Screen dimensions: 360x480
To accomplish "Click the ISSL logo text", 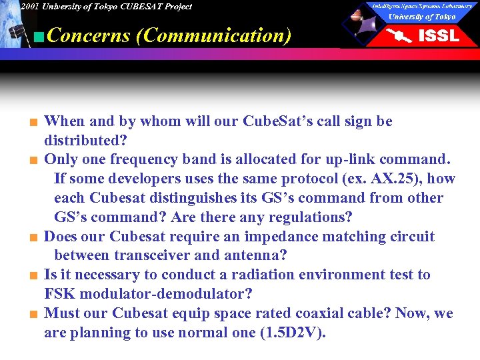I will (438, 36).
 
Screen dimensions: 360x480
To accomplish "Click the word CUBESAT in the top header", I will (139, 7).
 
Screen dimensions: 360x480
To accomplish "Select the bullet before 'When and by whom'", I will (31, 123).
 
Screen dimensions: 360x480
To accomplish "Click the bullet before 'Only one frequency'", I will (31, 161).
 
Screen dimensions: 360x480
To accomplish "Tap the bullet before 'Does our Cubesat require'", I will (31, 238).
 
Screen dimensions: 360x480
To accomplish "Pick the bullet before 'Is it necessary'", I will (31, 276).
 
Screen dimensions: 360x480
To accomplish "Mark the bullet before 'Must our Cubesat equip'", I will (31, 315).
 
